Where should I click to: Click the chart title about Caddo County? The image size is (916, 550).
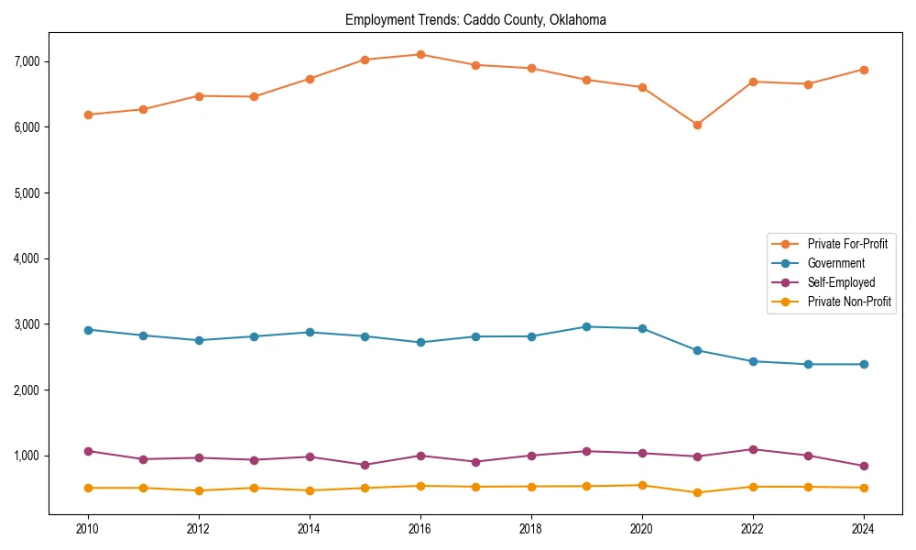(x=475, y=19)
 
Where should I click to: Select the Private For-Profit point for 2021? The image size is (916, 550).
(x=697, y=125)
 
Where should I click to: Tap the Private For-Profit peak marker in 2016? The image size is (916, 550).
(x=420, y=54)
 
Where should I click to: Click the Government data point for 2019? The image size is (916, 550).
(x=586, y=326)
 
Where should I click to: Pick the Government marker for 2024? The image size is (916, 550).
(x=864, y=364)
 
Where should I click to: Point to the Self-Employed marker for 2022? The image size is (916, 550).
(x=753, y=449)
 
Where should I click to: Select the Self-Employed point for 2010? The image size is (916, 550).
(x=88, y=451)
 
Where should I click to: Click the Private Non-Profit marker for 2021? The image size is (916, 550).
(x=697, y=492)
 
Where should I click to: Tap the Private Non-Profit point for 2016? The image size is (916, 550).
(x=420, y=486)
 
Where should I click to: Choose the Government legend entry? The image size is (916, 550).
(x=835, y=263)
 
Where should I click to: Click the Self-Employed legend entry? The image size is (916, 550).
(x=841, y=282)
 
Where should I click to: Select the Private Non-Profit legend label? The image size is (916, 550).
(x=849, y=302)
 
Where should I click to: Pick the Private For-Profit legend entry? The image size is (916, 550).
(x=847, y=244)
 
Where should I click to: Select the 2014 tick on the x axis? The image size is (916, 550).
(x=310, y=528)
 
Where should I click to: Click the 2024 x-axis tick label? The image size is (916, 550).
(x=864, y=528)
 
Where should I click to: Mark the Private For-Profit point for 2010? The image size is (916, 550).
(x=88, y=115)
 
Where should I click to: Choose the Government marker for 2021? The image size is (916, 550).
(x=697, y=350)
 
